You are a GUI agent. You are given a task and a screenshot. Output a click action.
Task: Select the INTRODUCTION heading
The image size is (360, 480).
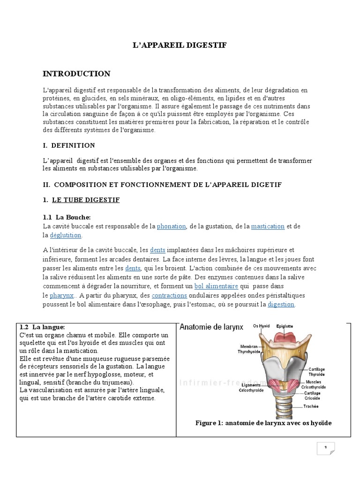76,74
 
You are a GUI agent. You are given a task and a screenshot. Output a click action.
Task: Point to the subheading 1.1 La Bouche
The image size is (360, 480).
67,217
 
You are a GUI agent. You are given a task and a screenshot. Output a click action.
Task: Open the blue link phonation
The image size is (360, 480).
172,226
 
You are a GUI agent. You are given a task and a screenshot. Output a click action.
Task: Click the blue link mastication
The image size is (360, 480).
268,226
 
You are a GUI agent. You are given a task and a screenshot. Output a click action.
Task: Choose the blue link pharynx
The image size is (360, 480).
62,295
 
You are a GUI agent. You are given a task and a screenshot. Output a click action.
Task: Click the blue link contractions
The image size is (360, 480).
169,295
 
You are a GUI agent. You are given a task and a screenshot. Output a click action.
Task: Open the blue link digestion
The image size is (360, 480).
281,304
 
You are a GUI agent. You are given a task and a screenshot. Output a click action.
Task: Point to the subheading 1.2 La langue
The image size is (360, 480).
42,327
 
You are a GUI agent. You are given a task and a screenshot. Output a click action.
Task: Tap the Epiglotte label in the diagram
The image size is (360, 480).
285,326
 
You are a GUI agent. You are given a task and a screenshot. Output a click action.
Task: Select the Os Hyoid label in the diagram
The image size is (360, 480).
262,326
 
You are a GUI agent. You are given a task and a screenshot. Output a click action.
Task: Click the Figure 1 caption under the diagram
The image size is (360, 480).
263,423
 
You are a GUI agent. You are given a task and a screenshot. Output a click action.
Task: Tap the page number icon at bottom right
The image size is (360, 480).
326,448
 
